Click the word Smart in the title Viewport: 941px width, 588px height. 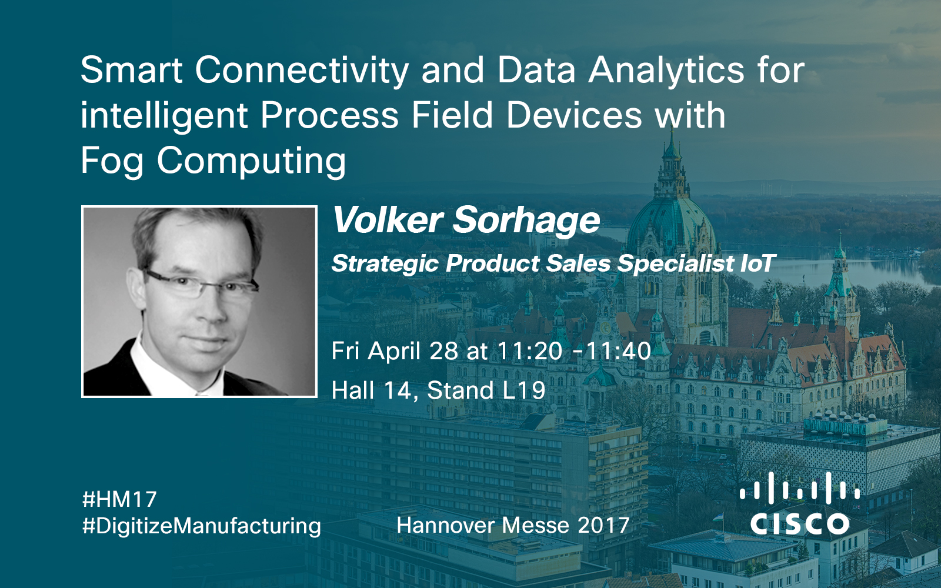(x=132, y=70)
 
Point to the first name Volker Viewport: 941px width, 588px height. (x=388, y=220)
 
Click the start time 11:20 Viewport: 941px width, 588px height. (x=529, y=351)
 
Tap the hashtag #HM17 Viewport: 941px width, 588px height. (x=120, y=499)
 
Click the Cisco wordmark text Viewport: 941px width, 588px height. (x=799, y=524)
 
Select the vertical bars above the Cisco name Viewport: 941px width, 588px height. (x=799, y=487)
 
